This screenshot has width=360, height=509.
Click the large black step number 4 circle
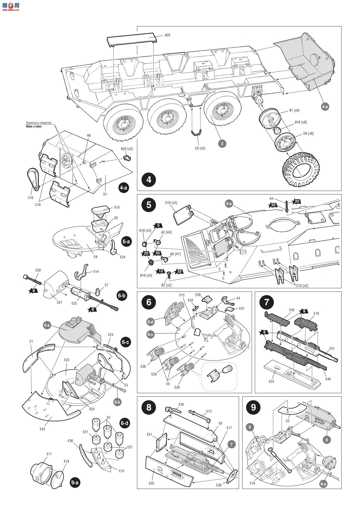pos(149,179)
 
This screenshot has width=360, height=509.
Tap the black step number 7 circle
pos(267,302)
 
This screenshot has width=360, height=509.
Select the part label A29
pos(167,35)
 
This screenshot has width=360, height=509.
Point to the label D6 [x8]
pos(308,133)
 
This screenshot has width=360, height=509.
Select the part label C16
pos(31,198)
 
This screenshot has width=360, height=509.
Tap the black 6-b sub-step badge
pos(121,296)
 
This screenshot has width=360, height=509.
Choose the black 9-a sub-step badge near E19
pos(75,482)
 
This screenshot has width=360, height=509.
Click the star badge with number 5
pos(158,225)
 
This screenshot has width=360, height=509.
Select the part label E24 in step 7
pos(271,381)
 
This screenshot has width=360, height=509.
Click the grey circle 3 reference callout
pos(222,143)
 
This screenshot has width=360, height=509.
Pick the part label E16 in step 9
pos(252,483)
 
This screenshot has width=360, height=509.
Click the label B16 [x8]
pos(301,122)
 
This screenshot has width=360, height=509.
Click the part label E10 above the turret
pos(117,207)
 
